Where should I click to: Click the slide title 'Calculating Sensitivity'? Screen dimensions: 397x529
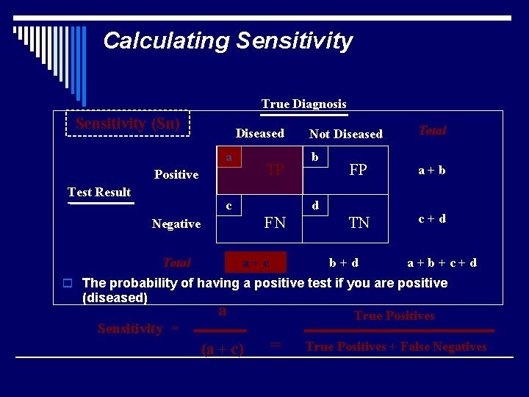(228, 40)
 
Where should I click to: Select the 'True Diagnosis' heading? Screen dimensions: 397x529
(303, 104)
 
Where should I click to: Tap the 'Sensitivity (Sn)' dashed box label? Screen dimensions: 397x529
(128, 124)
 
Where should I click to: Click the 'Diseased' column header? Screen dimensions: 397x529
(259, 133)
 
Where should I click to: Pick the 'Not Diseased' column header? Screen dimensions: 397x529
(345, 134)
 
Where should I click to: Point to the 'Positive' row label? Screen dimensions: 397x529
(176, 174)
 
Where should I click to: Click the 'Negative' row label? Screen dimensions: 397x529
(176, 223)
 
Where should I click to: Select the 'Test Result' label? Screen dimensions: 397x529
(99, 192)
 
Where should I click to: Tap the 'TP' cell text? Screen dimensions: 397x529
(276, 170)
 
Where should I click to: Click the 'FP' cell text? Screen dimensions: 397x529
(359, 170)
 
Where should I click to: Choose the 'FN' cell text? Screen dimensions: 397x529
(275, 222)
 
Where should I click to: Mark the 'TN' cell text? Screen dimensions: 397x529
(359, 222)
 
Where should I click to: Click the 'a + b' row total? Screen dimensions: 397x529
(432, 170)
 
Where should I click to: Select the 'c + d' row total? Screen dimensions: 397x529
(432, 218)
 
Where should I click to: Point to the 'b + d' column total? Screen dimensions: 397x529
(344, 262)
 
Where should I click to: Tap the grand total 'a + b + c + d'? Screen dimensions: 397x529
(442, 262)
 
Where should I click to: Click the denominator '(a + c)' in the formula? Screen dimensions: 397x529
(223, 349)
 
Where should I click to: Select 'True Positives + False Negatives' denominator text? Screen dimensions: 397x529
(396, 346)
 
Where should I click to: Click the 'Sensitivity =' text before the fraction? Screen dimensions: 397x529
(138, 329)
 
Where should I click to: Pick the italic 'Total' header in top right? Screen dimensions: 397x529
(432, 130)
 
